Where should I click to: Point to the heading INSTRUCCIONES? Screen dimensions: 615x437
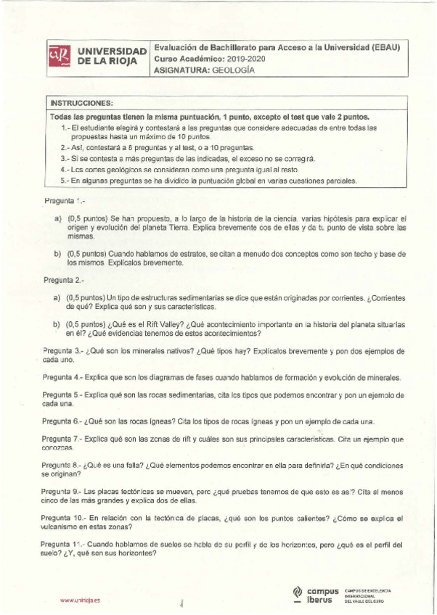click(x=81, y=102)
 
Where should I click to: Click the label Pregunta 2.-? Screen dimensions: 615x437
click(x=64, y=279)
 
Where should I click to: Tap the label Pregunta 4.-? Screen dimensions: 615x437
click(x=62, y=378)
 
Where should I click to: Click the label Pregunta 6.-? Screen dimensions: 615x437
click(x=62, y=421)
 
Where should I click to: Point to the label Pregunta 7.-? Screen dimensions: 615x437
click(x=62, y=439)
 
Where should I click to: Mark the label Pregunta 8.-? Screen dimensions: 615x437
click(x=62, y=465)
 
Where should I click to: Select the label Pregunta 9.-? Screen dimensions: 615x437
click(x=62, y=491)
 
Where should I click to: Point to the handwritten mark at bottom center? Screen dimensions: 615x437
click(x=180, y=601)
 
